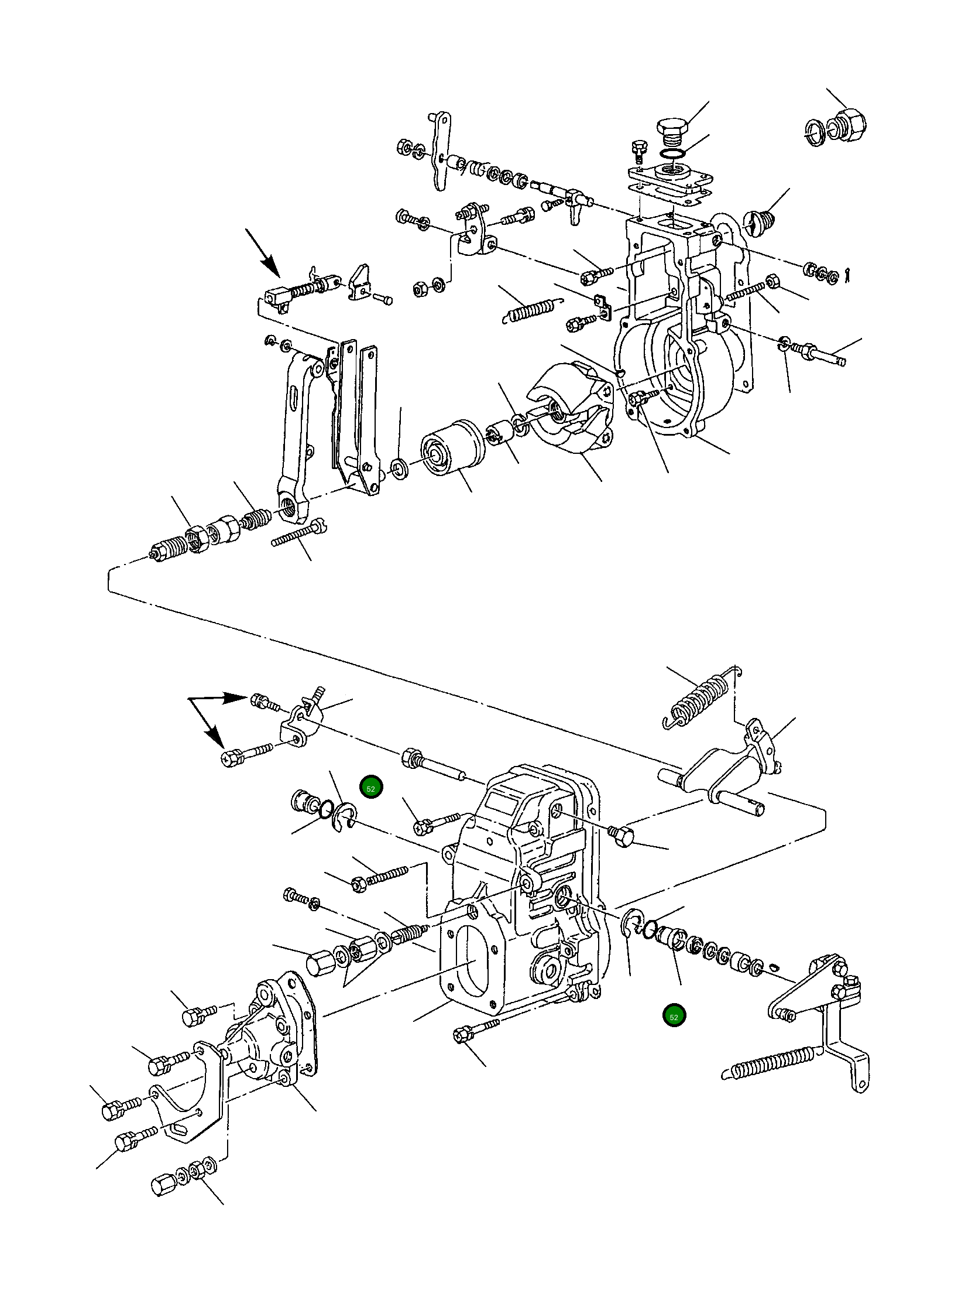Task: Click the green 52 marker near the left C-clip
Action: tap(370, 789)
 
